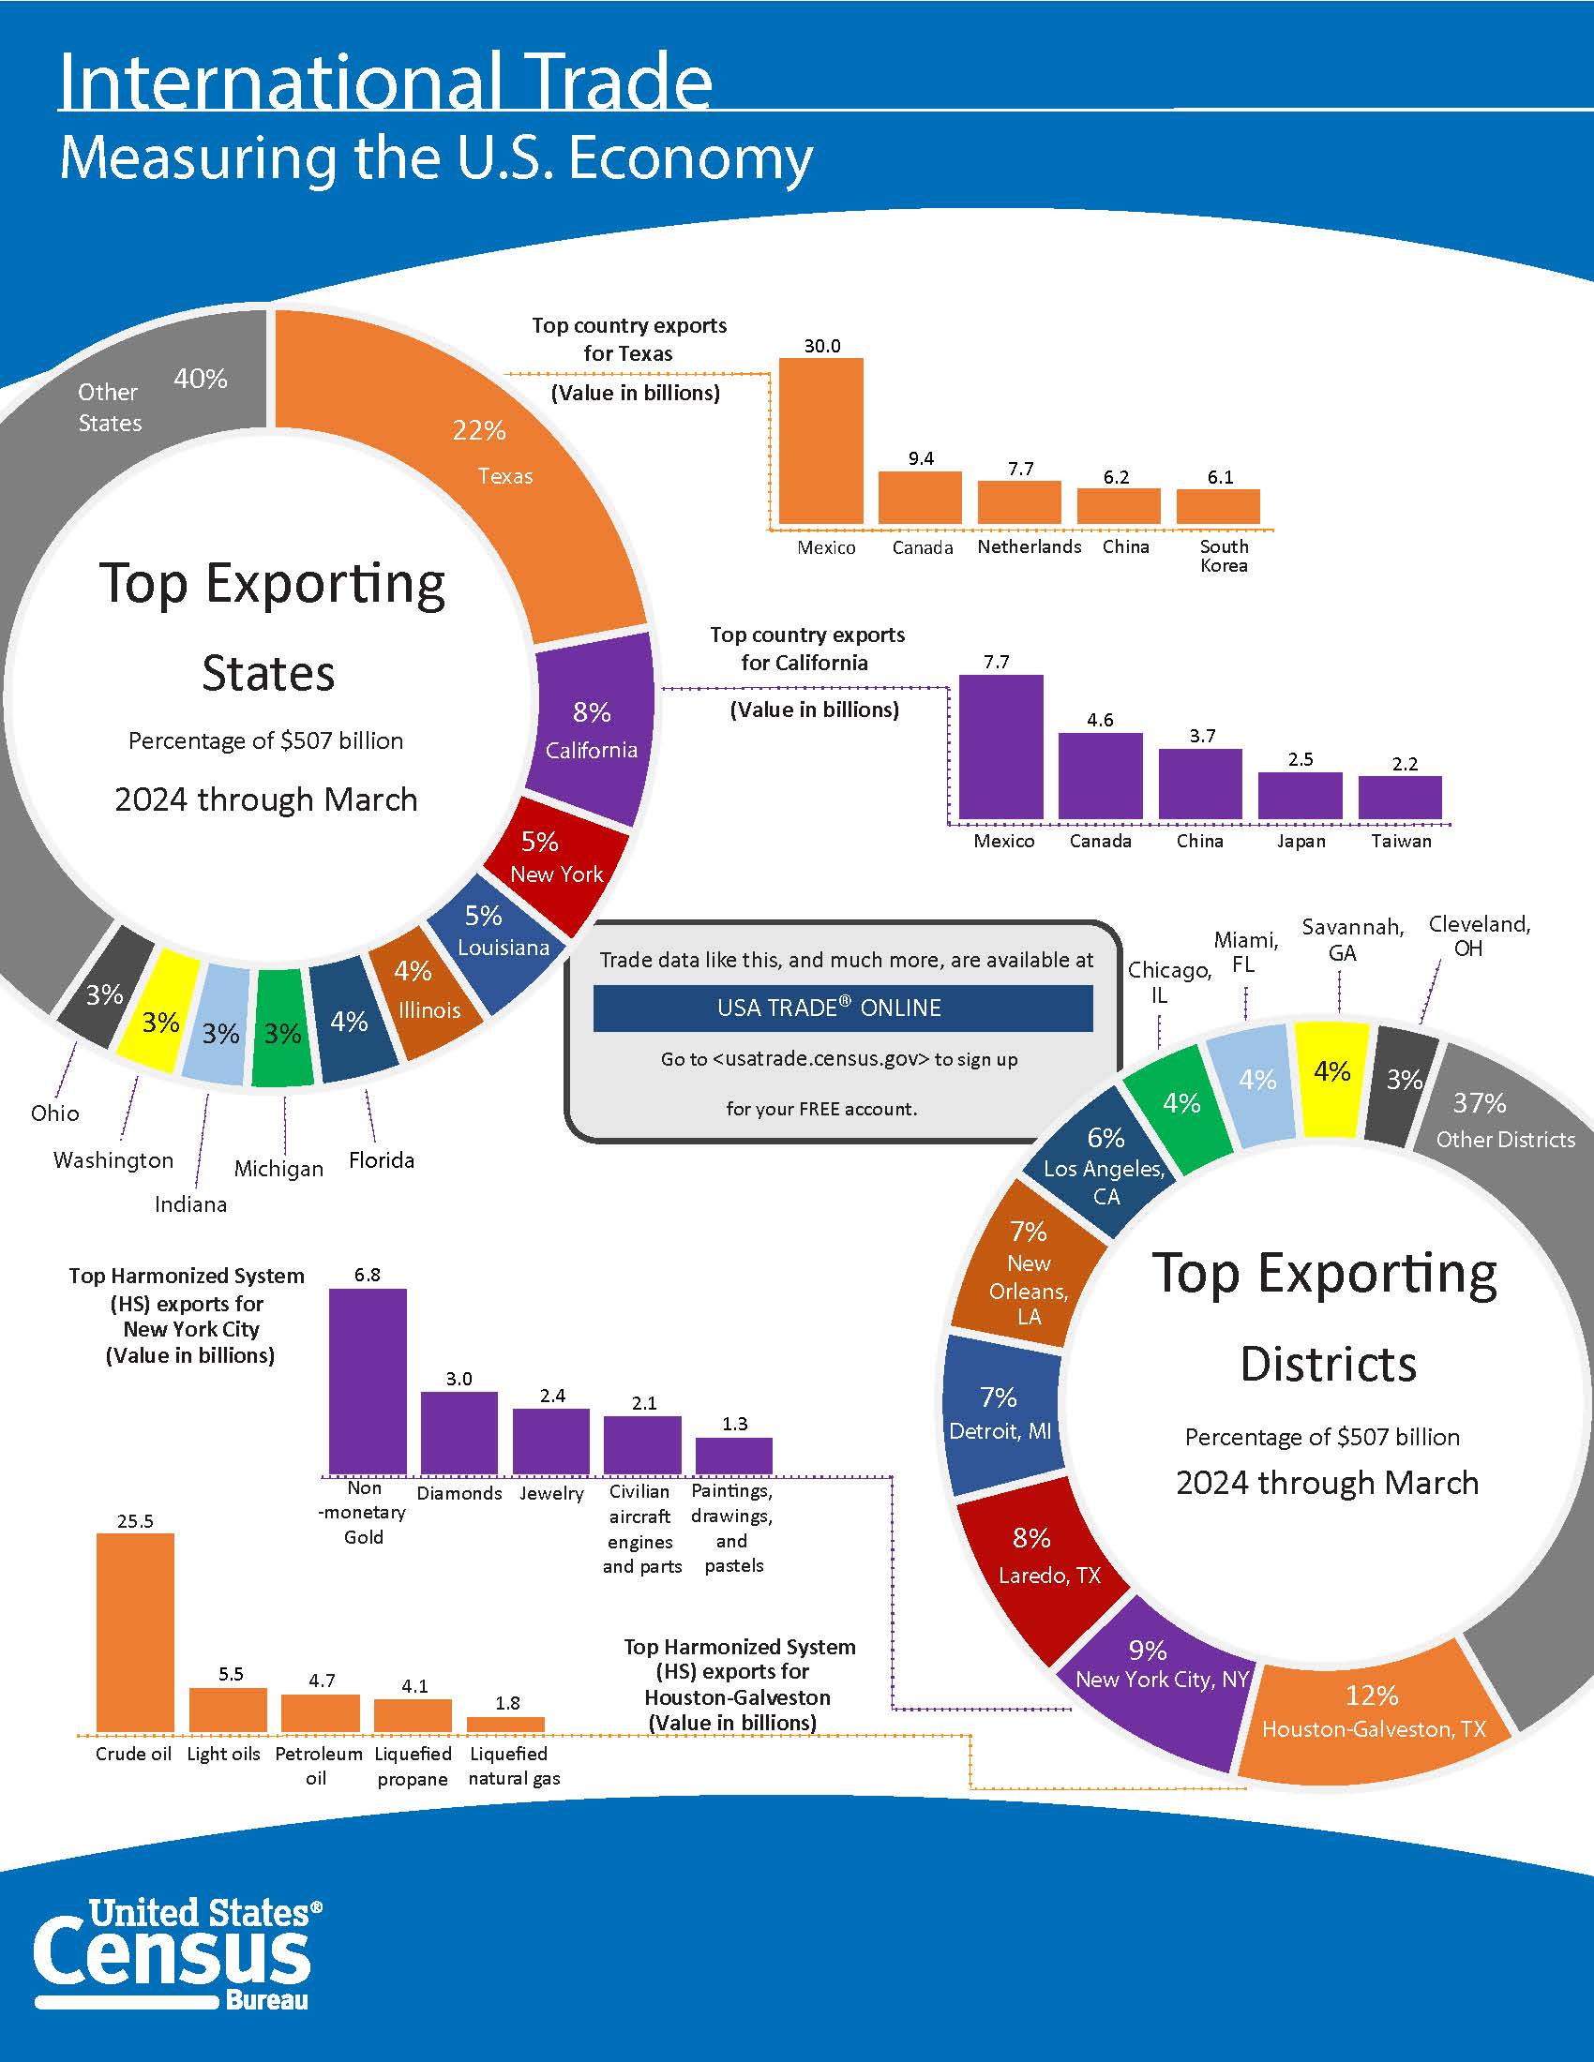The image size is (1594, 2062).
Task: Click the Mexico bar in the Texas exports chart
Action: pyautogui.click(x=820, y=441)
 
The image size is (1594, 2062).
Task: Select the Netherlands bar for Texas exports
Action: pyautogui.click(x=1019, y=502)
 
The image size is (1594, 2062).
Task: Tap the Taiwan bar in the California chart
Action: pyautogui.click(x=1400, y=798)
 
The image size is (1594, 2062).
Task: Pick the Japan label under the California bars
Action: pyautogui.click(x=1301, y=842)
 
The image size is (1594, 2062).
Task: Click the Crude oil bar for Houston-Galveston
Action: pyautogui.click(x=135, y=1633)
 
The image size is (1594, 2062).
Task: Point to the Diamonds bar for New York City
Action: pyautogui.click(x=459, y=1433)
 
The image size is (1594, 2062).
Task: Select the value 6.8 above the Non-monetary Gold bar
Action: pyautogui.click(x=368, y=1275)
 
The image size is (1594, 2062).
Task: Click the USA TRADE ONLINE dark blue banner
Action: pyautogui.click(x=843, y=1009)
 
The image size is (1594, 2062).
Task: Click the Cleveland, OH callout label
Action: pyautogui.click(x=1479, y=935)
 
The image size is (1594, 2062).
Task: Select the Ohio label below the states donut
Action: pyautogui.click(x=54, y=1113)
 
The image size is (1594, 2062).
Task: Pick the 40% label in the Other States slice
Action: pyautogui.click(x=201, y=379)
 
